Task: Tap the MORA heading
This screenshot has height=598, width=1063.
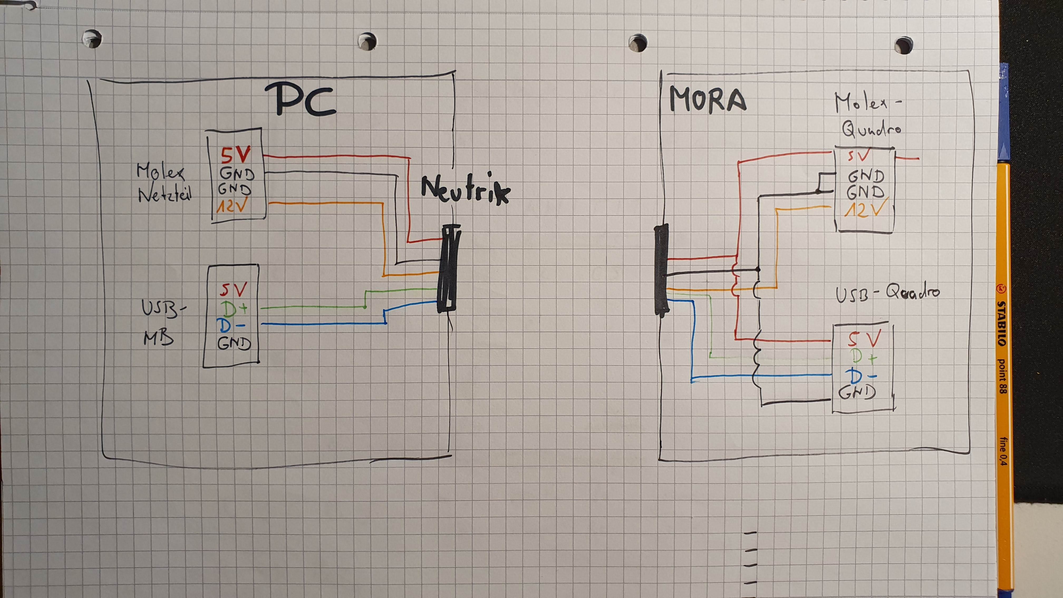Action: [x=707, y=100]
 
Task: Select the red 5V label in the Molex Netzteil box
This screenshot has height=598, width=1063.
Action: [x=235, y=156]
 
